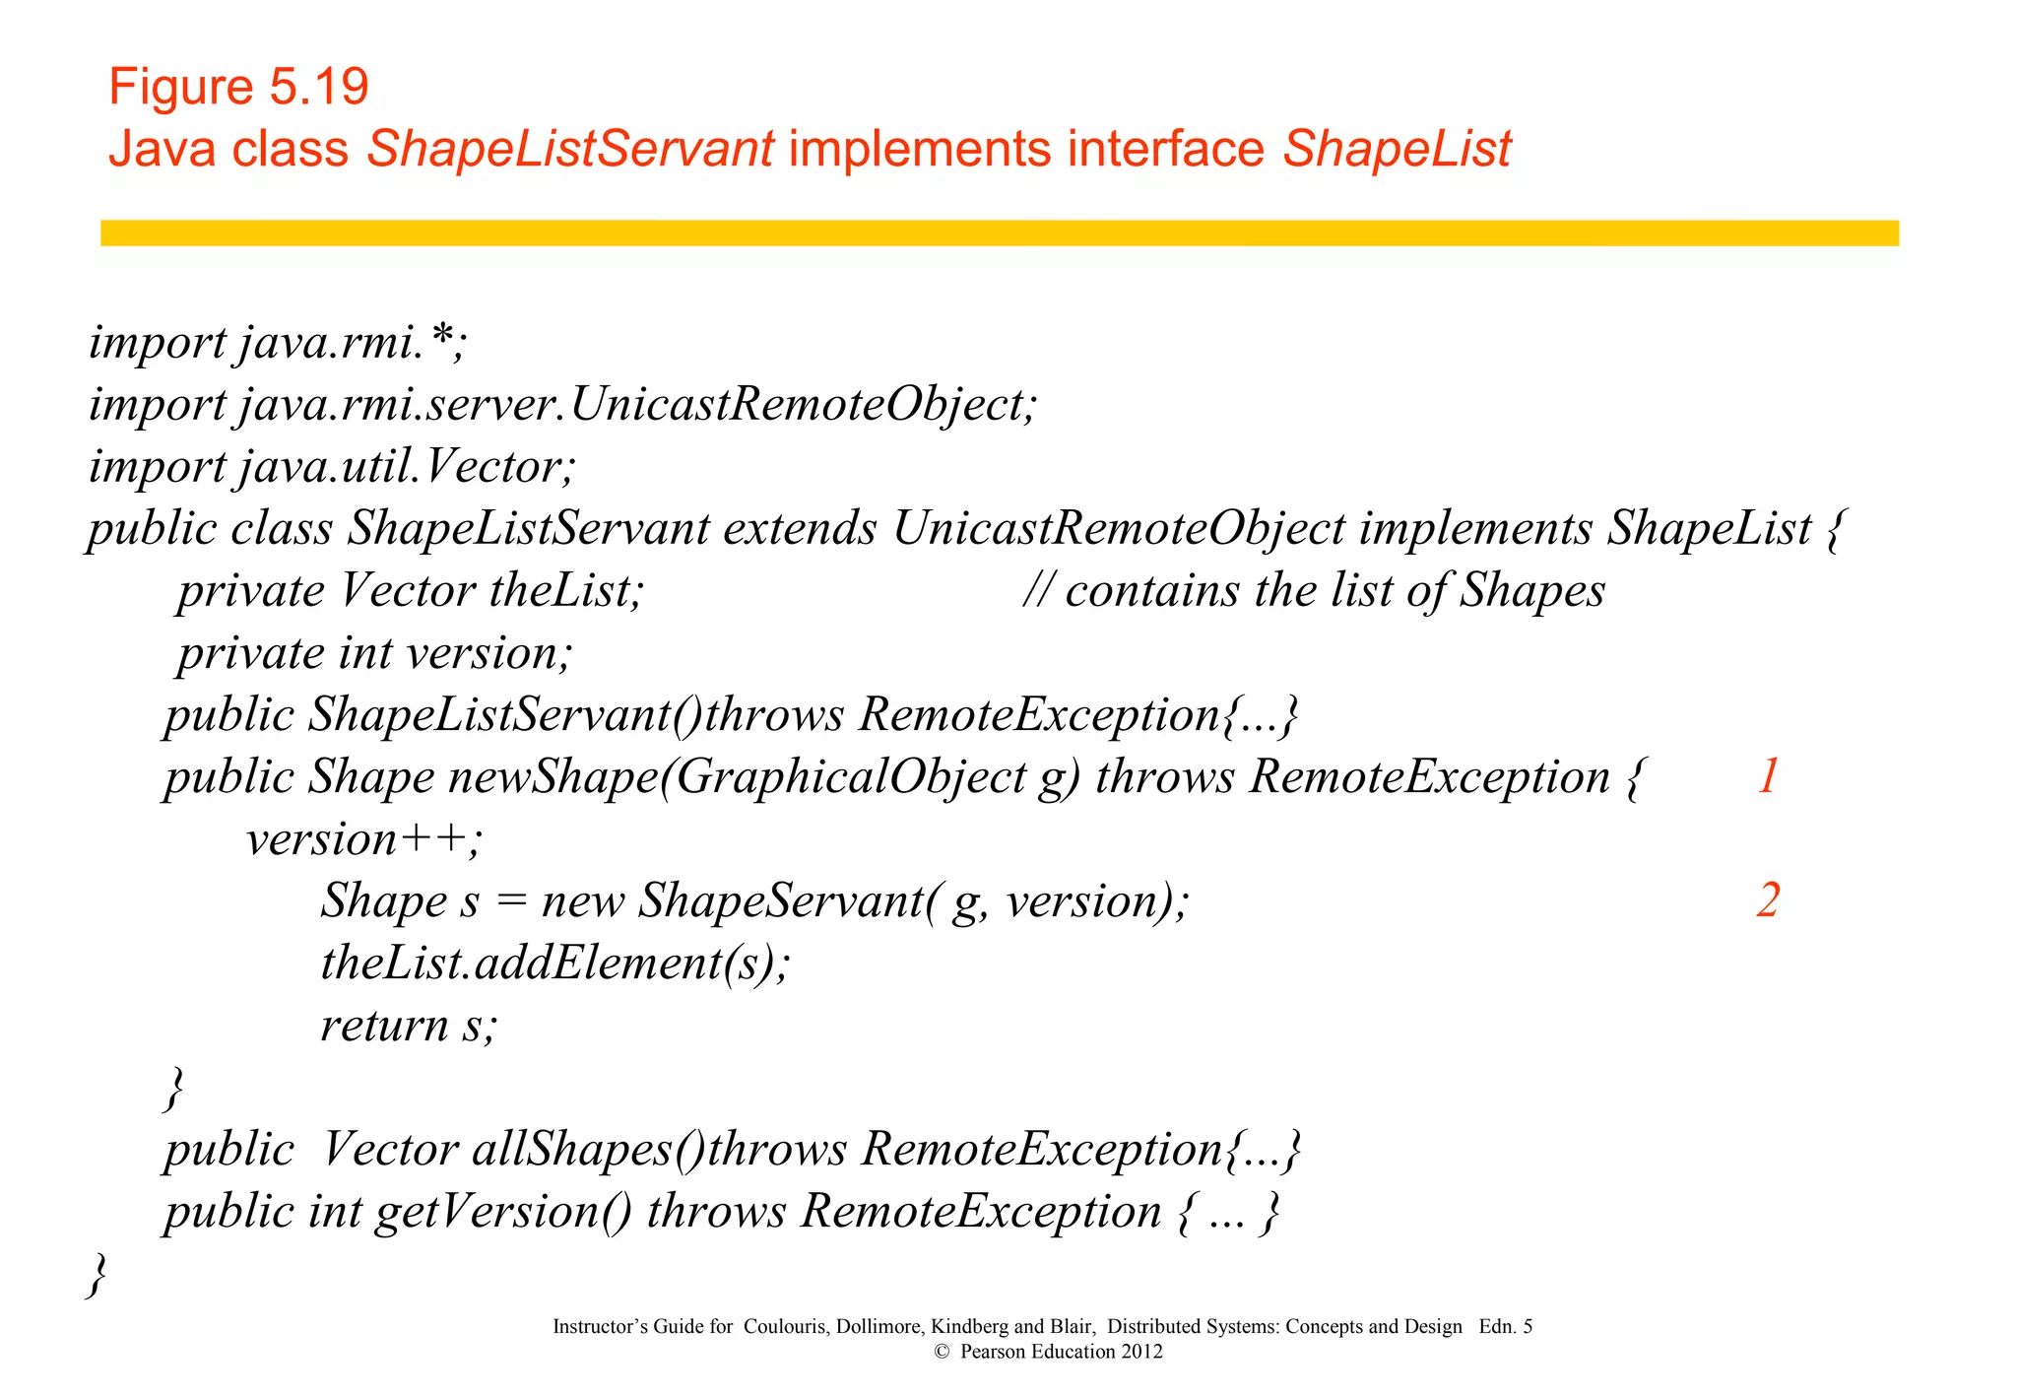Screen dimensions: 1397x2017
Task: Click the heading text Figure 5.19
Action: pos(238,87)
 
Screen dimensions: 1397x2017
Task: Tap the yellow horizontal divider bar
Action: pos(999,233)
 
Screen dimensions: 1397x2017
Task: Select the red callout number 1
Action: pos(1768,776)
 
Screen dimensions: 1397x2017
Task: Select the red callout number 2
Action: pos(1768,900)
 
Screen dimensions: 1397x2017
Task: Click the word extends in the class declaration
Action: pos(800,529)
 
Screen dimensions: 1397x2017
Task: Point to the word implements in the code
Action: pos(1475,529)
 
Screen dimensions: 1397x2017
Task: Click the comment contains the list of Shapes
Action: pos(1314,591)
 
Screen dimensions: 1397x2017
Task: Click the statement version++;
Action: pos(363,839)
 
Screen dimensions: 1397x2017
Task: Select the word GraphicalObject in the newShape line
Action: pos(851,777)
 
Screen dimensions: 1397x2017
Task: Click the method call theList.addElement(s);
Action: pos(555,964)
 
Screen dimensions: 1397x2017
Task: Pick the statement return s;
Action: pos(409,1026)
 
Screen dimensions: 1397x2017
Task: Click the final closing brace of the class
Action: pos(97,1274)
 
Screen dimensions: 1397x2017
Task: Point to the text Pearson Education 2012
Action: pos(1061,1352)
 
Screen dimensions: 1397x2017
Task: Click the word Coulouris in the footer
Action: pos(786,1326)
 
